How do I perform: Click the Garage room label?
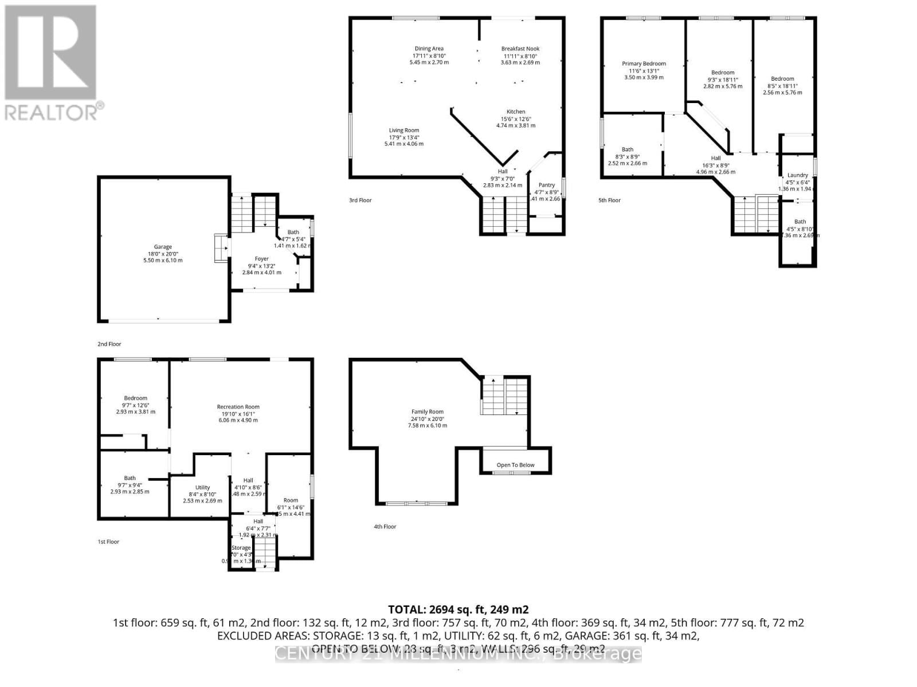pyautogui.click(x=163, y=247)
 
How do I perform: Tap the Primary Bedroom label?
pyautogui.click(x=644, y=64)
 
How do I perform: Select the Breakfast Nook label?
pyautogui.click(x=520, y=49)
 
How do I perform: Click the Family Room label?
pyautogui.click(x=428, y=412)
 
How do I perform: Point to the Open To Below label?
pyautogui.click(x=515, y=465)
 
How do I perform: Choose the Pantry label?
pyautogui.click(x=547, y=185)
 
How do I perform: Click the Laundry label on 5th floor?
pyautogui.click(x=798, y=175)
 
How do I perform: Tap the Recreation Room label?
pyautogui.click(x=238, y=407)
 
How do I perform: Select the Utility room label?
pyautogui.click(x=202, y=488)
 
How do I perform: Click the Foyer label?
pyautogui.click(x=262, y=259)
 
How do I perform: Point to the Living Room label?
pyautogui.click(x=404, y=131)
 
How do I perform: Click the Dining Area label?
pyautogui.click(x=429, y=49)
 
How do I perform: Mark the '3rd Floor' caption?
pyautogui.click(x=360, y=200)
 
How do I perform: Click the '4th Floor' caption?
pyautogui.click(x=385, y=527)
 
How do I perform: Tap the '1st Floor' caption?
pyautogui.click(x=108, y=542)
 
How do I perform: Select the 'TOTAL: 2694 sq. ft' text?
pyautogui.click(x=458, y=610)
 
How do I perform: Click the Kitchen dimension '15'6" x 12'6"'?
pyautogui.click(x=516, y=119)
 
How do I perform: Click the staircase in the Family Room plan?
pyautogui.click(x=504, y=396)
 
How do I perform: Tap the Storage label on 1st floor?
pyautogui.click(x=241, y=548)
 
